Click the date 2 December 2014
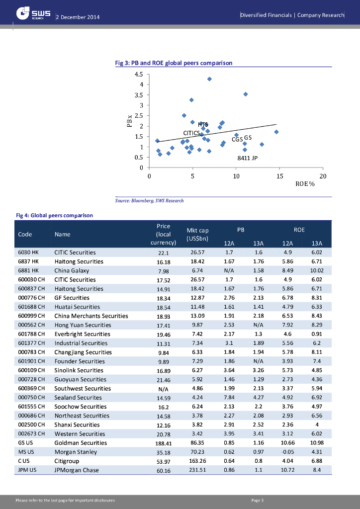pos(78,17)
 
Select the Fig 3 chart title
pos(174,63)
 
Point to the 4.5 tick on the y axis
pos(139,74)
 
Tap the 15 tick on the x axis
pos(279,176)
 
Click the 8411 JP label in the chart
pos(247,158)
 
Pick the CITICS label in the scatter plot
pos(191,133)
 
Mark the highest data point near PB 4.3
pos(209,79)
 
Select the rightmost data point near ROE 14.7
pos(276,132)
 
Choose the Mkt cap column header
pos(197,234)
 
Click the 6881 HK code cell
pos(28,270)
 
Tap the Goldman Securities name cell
pos(81,443)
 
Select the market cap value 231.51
pos(197,470)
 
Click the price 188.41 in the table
pos(164,443)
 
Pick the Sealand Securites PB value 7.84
pos(229,398)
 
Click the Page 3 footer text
pos(258,500)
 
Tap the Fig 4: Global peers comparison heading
pos(55,216)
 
